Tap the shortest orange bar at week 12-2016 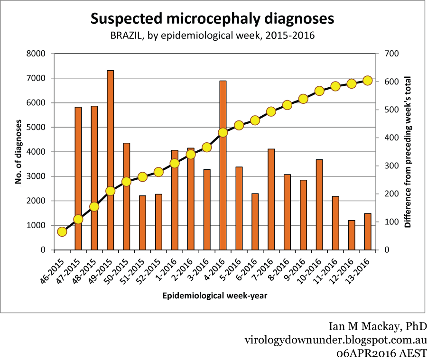coord(351,235)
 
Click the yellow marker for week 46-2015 coord(62,232)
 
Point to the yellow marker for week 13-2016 coord(367,80)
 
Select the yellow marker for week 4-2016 coord(223,132)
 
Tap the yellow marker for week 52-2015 coord(158,172)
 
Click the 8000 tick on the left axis coord(41,54)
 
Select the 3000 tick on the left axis coord(41,176)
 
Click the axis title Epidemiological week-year coord(215,296)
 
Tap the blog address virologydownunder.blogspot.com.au coord(336,340)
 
